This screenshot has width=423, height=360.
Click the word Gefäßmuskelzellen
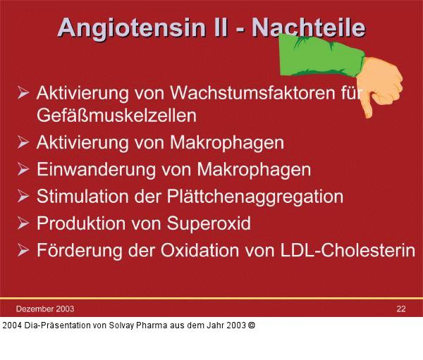pyautogui.click(x=116, y=113)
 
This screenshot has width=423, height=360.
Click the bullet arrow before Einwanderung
pyautogui.click(x=23, y=170)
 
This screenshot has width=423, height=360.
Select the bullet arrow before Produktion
pyautogui.click(x=23, y=223)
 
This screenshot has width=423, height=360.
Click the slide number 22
pyautogui.click(x=400, y=309)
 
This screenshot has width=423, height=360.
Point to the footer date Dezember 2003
pyautogui.click(x=45, y=309)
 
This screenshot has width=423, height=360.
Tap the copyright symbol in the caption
pyautogui.click(x=252, y=325)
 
